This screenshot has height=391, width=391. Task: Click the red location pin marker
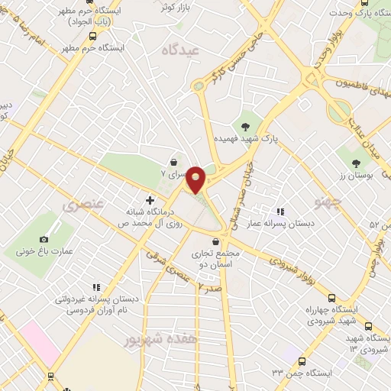(196, 179)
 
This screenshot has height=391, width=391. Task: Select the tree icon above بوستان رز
(356, 162)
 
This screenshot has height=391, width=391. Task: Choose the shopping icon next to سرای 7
(175, 162)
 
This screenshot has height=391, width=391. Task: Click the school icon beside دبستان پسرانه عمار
(280, 211)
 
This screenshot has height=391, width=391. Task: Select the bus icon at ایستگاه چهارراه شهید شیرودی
(331, 298)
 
